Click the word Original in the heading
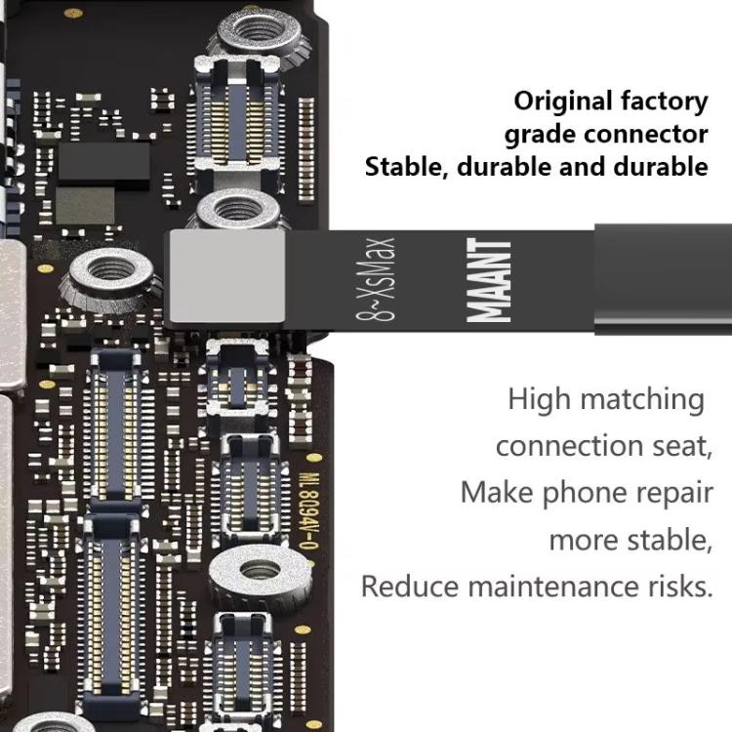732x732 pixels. pyautogui.click(x=562, y=101)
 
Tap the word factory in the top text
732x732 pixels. pyautogui.click(x=664, y=101)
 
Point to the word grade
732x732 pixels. pyautogui.click(x=540, y=134)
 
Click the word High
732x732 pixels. pyautogui.click(x=539, y=399)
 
